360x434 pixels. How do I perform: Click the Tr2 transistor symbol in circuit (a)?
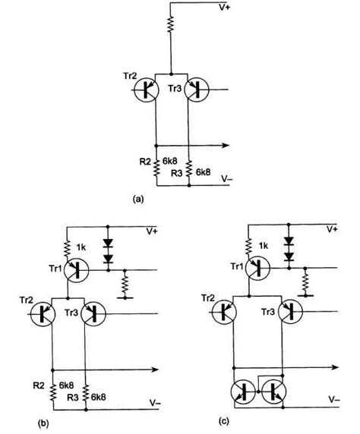pyautogui.click(x=144, y=90)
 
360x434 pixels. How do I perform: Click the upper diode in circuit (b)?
pyautogui.click(x=108, y=245)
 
